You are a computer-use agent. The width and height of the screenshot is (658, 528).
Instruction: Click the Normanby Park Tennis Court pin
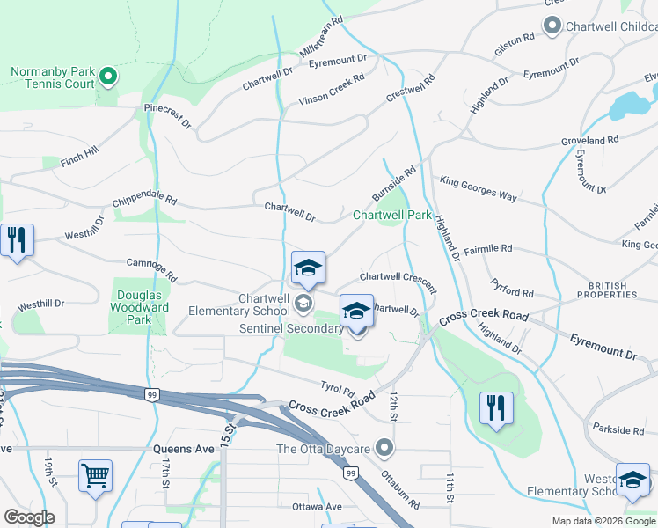pyautogui.click(x=108, y=77)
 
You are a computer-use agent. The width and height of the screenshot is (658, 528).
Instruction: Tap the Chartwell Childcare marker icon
pyautogui.click(x=552, y=26)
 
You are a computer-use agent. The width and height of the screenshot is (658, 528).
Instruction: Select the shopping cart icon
pyautogui.click(x=95, y=476)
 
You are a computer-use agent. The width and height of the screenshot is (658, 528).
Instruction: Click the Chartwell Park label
pyautogui.click(x=392, y=215)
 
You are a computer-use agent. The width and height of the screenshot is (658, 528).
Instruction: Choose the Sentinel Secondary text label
pyautogui.click(x=290, y=328)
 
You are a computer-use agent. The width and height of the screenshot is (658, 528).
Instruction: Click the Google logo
pyautogui.click(x=28, y=517)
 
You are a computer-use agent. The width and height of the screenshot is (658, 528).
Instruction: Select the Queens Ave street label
pyautogui.click(x=184, y=449)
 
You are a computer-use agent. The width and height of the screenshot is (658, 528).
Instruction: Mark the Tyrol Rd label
pyautogui.click(x=337, y=388)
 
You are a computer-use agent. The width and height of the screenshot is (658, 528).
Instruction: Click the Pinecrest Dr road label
pyautogui.click(x=168, y=118)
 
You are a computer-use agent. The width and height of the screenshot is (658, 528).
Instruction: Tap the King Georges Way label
pyautogui.click(x=479, y=187)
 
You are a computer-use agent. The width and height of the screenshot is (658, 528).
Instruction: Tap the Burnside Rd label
pyautogui.click(x=392, y=184)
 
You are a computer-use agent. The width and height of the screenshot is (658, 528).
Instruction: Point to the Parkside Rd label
pyautogui.click(x=618, y=430)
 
